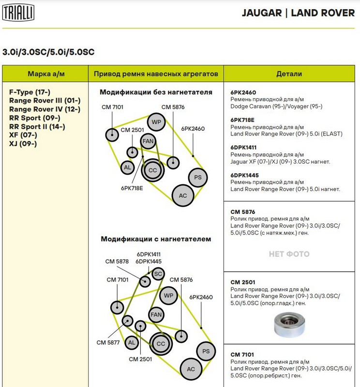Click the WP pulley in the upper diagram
[x=156, y=122]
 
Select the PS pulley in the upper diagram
[x=197, y=178]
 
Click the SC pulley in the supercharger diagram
[x=157, y=274]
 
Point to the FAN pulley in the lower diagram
[x=156, y=315]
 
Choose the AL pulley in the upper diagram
[x=127, y=168]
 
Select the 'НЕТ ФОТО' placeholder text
[x=289, y=254]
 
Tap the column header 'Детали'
[x=289, y=74]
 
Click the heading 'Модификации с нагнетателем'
[x=156, y=238]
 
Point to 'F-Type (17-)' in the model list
[x=30, y=92]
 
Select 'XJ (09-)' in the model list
[x=23, y=144]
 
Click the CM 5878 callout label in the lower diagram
[x=117, y=262]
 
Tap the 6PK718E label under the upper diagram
[x=132, y=188]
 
